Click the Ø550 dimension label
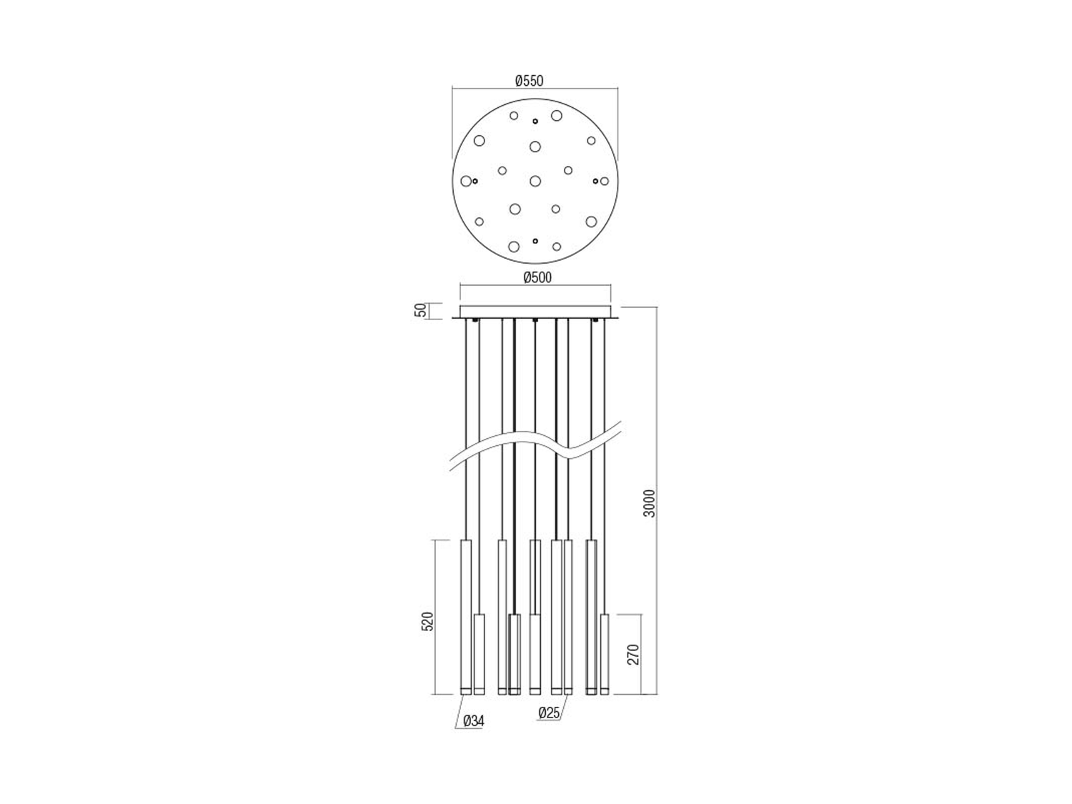coord(530,81)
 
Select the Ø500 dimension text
coord(537,278)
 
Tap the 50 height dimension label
coord(420,310)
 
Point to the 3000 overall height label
coord(649,503)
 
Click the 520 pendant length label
coord(427,622)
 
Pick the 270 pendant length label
coord(633,655)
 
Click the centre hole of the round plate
coord(535,181)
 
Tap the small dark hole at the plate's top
coord(535,121)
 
